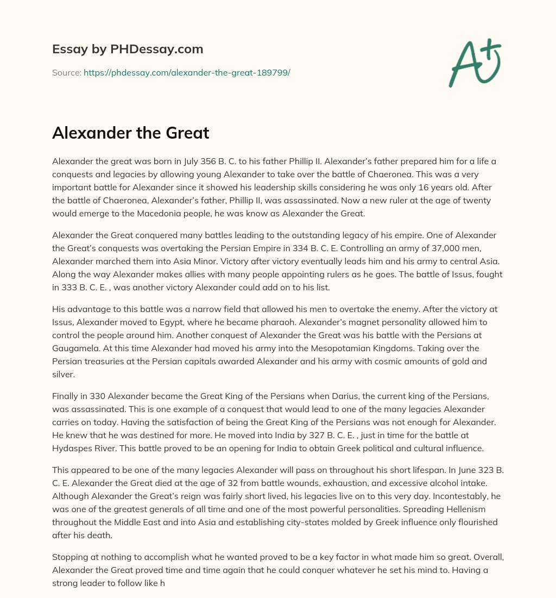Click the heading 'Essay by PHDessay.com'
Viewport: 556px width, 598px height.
128,49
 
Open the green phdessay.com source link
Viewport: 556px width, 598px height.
187,72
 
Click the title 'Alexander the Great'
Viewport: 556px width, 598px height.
130,133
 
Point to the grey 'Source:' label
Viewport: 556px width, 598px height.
66,72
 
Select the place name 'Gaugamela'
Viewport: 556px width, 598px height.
77,348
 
